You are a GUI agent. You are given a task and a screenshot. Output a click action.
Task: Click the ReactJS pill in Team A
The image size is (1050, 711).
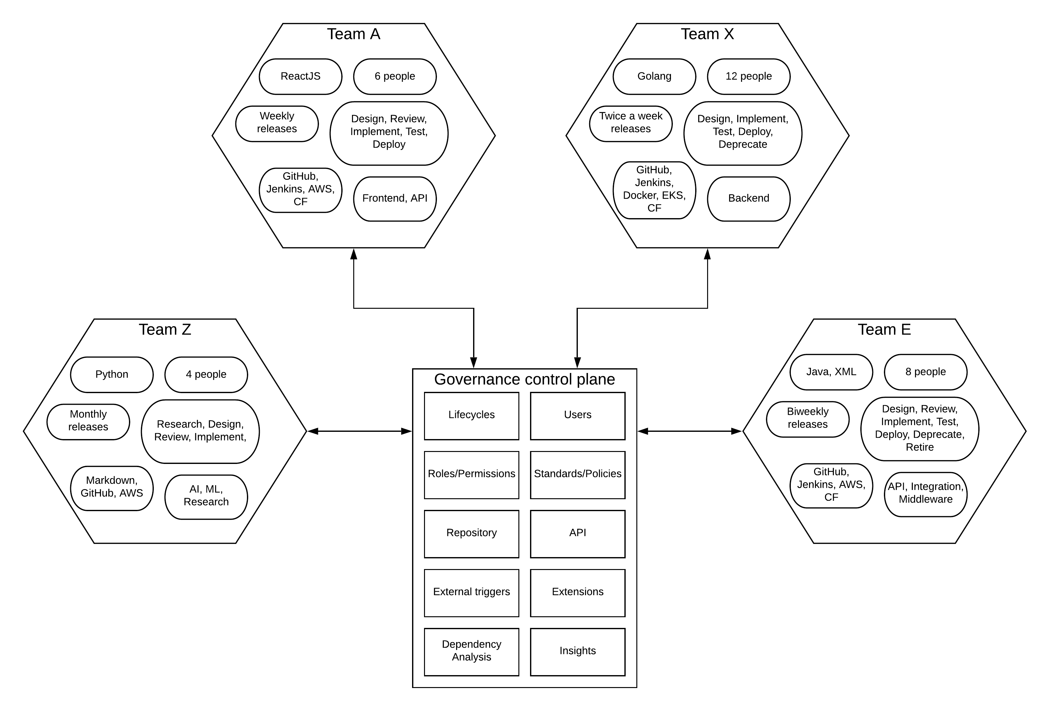pyautogui.click(x=300, y=76)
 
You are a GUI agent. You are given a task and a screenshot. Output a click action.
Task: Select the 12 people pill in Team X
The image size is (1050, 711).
pyautogui.click(x=748, y=76)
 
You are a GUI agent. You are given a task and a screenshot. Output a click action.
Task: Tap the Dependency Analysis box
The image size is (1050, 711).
pyautogui.click(x=471, y=651)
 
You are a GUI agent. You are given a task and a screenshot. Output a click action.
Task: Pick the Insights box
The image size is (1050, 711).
pyautogui.click(x=578, y=651)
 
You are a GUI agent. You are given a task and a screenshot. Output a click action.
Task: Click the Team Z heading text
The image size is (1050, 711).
pyautogui.click(x=165, y=330)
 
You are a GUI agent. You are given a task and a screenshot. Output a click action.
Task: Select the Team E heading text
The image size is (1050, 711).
pyautogui.click(x=884, y=330)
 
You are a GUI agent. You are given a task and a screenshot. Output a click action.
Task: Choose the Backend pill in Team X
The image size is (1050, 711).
pyautogui.click(x=748, y=198)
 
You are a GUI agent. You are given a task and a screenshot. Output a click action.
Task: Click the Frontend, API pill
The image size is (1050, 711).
pyautogui.click(x=394, y=198)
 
